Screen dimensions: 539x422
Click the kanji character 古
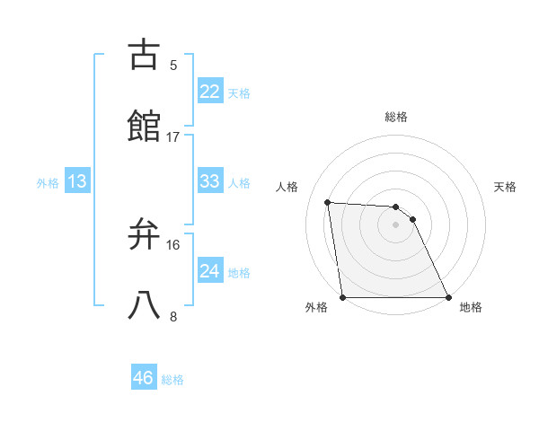coord(146,55)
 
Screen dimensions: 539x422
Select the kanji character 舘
coord(146,127)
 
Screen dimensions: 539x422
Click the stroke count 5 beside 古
coord(173,65)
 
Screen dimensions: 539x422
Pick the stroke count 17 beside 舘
coord(173,136)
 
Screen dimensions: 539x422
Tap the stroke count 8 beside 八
coord(173,316)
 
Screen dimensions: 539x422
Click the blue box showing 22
coord(210,92)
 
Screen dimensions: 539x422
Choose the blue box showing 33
coord(210,181)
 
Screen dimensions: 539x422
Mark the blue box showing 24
coord(210,271)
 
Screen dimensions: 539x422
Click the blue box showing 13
coord(77,181)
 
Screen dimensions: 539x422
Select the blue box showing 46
coord(144,378)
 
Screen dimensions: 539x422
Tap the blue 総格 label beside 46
coord(172,380)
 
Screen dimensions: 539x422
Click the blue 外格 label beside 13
coord(48,183)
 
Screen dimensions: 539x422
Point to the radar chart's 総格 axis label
coord(396,118)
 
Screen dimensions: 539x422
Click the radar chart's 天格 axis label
coord(506,187)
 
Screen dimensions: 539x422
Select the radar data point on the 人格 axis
coord(328,202)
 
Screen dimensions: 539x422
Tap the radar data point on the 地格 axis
coord(447,297)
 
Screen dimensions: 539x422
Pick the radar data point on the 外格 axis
coord(343,297)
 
